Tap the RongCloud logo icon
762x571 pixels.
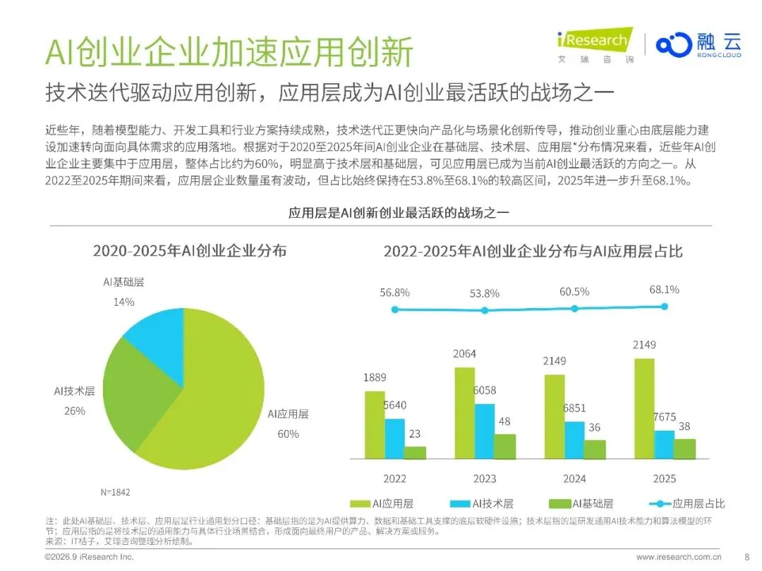[674, 44]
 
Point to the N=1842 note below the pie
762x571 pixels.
[115, 492]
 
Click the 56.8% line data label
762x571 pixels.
[394, 293]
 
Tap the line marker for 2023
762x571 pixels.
[485, 310]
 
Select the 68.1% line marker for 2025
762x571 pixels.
[665, 307]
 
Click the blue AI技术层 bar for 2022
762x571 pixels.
[394, 438]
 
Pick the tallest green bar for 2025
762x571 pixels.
[644, 408]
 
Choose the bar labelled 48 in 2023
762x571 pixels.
[505, 446]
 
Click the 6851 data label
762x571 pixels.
[574, 408]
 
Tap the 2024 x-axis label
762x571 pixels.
[574, 479]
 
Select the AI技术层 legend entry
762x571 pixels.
[482, 503]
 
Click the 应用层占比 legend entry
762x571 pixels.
[687, 503]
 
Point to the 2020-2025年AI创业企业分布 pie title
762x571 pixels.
[190, 250]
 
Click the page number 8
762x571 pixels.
[747, 557]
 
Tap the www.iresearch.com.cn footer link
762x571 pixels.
[679, 557]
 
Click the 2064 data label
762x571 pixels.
[464, 354]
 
